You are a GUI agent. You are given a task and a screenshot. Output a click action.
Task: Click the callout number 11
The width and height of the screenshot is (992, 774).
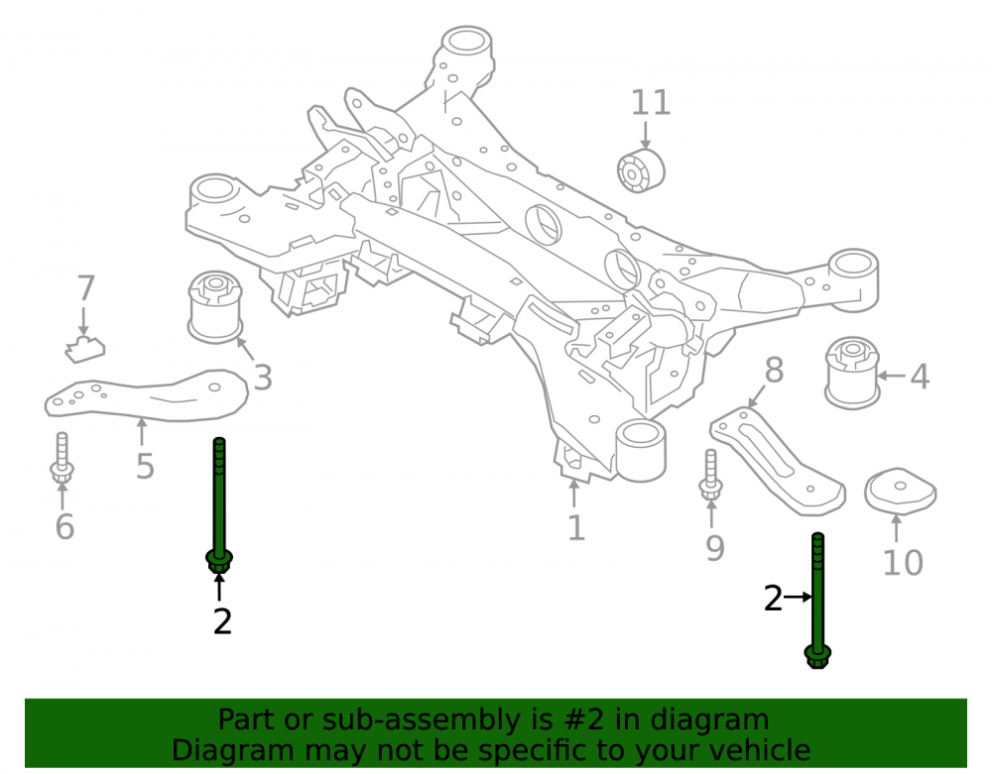pyautogui.click(x=651, y=103)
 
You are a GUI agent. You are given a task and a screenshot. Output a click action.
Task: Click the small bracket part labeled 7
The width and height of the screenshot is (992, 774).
pyautogui.click(x=85, y=350)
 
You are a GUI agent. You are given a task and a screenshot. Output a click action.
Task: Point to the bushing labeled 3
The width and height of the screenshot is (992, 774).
pyautogui.click(x=215, y=307)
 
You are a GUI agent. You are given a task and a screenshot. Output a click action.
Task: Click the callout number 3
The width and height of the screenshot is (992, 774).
pyautogui.click(x=263, y=378)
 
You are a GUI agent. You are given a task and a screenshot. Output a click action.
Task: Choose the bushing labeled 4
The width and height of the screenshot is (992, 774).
pyautogui.click(x=852, y=373)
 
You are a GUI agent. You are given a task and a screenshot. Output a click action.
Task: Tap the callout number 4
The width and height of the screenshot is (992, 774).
pyautogui.click(x=920, y=377)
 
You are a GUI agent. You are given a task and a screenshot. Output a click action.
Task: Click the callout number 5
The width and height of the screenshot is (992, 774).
pyautogui.click(x=145, y=467)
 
